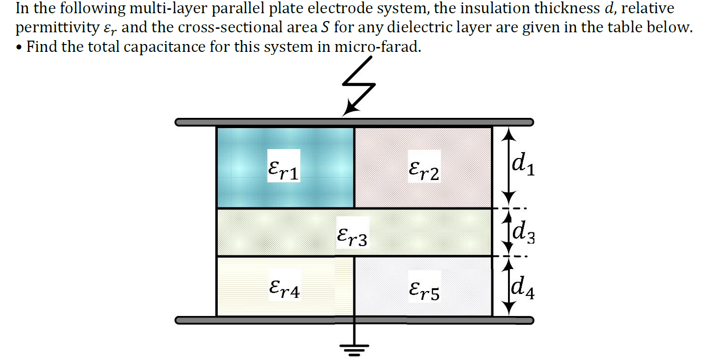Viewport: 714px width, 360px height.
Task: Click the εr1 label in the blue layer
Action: click(x=284, y=168)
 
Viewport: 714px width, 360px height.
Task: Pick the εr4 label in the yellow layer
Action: click(x=284, y=287)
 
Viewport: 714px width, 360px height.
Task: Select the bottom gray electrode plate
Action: click(x=354, y=320)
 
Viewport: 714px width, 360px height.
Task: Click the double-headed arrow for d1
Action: click(x=509, y=166)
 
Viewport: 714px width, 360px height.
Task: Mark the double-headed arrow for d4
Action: click(x=509, y=287)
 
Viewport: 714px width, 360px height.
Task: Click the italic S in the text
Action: click(x=323, y=27)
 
